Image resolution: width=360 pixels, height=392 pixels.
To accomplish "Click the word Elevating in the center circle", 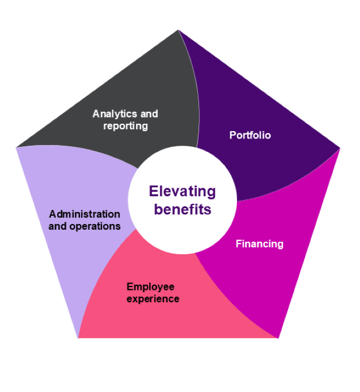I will pyautogui.click(x=183, y=191).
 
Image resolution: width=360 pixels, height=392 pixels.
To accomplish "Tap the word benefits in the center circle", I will pyautogui.click(x=183, y=209).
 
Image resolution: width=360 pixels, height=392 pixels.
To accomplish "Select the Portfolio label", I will pyautogui.click(x=250, y=135).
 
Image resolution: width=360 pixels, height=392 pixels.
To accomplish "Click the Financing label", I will pyautogui.click(x=259, y=244).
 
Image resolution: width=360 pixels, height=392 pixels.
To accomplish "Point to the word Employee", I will pyautogui.click(x=150, y=287).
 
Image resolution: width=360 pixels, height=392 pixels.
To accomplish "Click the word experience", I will pyautogui.click(x=153, y=298).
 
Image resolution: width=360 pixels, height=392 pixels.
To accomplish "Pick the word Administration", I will pyautogui.click(x=84, y=214).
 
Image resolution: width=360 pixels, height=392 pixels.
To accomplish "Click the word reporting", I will pyautogui.click(x=125, y=125).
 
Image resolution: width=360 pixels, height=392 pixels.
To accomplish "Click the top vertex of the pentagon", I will pyautogui.click(x=179, y=30).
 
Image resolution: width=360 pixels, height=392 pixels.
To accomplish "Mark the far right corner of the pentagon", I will pyautogui.click(x=340, y=147).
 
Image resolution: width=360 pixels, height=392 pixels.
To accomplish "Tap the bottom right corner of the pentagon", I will pyautogui.click(x=278, y=338).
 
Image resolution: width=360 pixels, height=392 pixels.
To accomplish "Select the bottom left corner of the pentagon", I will pyautogui.click(x=78, y=338).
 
